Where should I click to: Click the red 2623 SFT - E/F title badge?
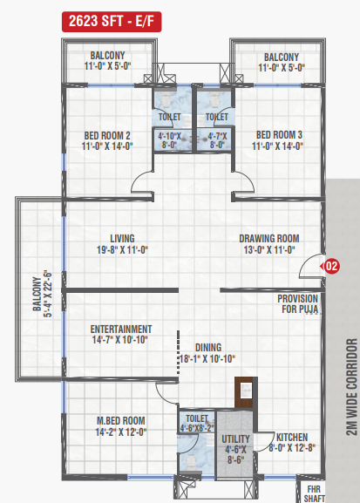112,22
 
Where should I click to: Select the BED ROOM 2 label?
107,135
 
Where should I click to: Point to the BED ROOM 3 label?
279,135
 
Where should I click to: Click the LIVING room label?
122,239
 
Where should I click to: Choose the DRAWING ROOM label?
269,239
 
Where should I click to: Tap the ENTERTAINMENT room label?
121,330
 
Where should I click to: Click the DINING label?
208,348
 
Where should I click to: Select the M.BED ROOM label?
121,420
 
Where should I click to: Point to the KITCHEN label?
292,438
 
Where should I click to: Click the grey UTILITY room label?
235,438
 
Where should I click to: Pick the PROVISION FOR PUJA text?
298,303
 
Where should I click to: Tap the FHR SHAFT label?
314,494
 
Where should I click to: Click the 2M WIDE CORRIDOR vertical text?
351,386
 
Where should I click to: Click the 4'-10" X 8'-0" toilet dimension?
169,140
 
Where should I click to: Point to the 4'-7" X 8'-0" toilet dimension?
217,140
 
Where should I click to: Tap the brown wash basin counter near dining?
246,392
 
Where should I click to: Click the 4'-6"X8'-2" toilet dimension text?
197,428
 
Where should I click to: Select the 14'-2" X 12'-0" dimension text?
121,432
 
